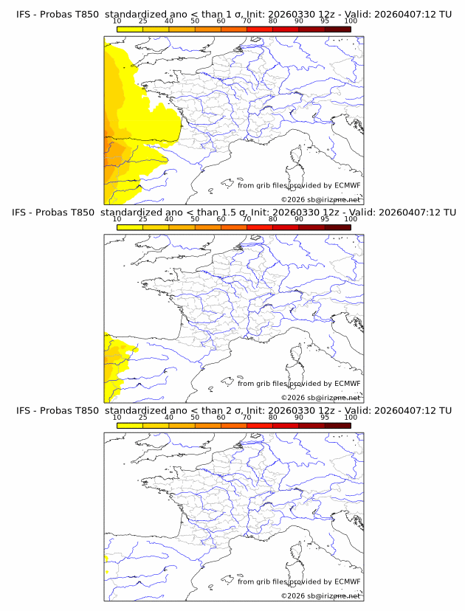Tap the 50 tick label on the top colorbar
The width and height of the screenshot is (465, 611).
point(195,21)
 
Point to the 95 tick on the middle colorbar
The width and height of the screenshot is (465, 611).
point(325,219)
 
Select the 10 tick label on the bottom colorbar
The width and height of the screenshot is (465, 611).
point(117,417)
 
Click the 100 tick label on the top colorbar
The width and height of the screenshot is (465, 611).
point(351,21)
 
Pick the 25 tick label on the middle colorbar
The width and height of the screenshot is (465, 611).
point(142,219)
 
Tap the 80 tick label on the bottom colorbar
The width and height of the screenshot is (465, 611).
point(273,417)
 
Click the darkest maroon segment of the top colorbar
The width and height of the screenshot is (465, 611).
point(338,30)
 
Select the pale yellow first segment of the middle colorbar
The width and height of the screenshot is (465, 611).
point(129,227)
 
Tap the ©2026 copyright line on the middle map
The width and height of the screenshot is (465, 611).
point(320,398)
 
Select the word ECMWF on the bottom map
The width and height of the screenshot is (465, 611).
point(347,581)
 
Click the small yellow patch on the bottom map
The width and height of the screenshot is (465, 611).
point(107,571)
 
